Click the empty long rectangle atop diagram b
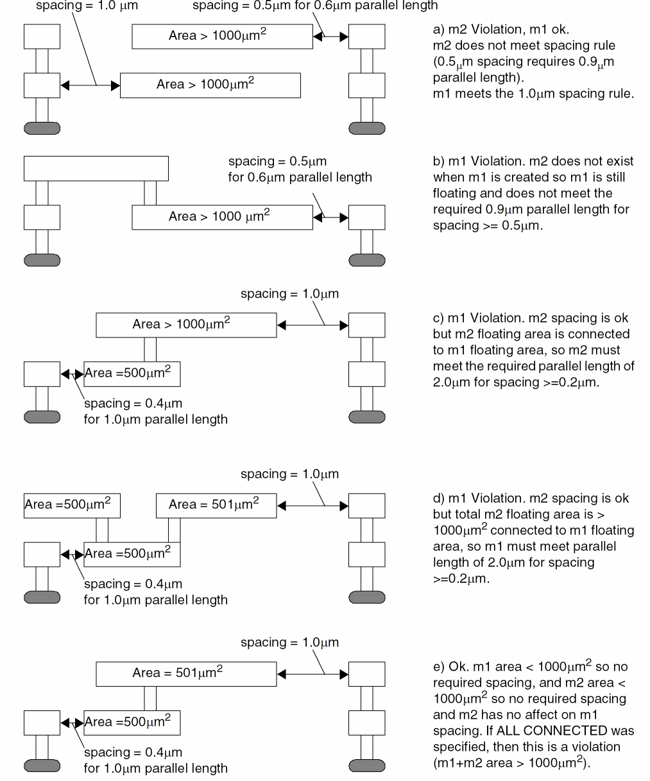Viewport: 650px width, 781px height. [96, 168]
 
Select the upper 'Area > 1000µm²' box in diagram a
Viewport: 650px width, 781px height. [222, 37]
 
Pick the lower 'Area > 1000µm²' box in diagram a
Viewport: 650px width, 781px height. [210, 85]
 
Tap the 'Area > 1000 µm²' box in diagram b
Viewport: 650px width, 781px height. [222, 218]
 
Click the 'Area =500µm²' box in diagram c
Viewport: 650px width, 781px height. [132, 374]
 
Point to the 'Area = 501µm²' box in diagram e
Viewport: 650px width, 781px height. [186, 674]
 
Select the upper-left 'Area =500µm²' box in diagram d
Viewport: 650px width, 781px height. [72, 506]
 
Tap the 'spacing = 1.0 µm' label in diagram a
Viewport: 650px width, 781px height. [87, 6]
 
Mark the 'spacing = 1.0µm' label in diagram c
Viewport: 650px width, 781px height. [289, 294]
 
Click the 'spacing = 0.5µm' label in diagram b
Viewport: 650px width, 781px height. [277, 162]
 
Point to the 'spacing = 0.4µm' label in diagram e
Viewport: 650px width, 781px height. [133, 752]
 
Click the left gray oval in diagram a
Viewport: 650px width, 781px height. [42, 128]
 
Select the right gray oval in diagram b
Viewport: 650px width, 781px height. [367, 261]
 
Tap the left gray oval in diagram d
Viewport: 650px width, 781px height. [42, 597]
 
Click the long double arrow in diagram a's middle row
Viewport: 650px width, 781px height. [90, 85]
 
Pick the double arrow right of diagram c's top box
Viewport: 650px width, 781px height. [312, 326]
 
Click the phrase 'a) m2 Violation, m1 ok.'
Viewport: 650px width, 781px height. [501, 30]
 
